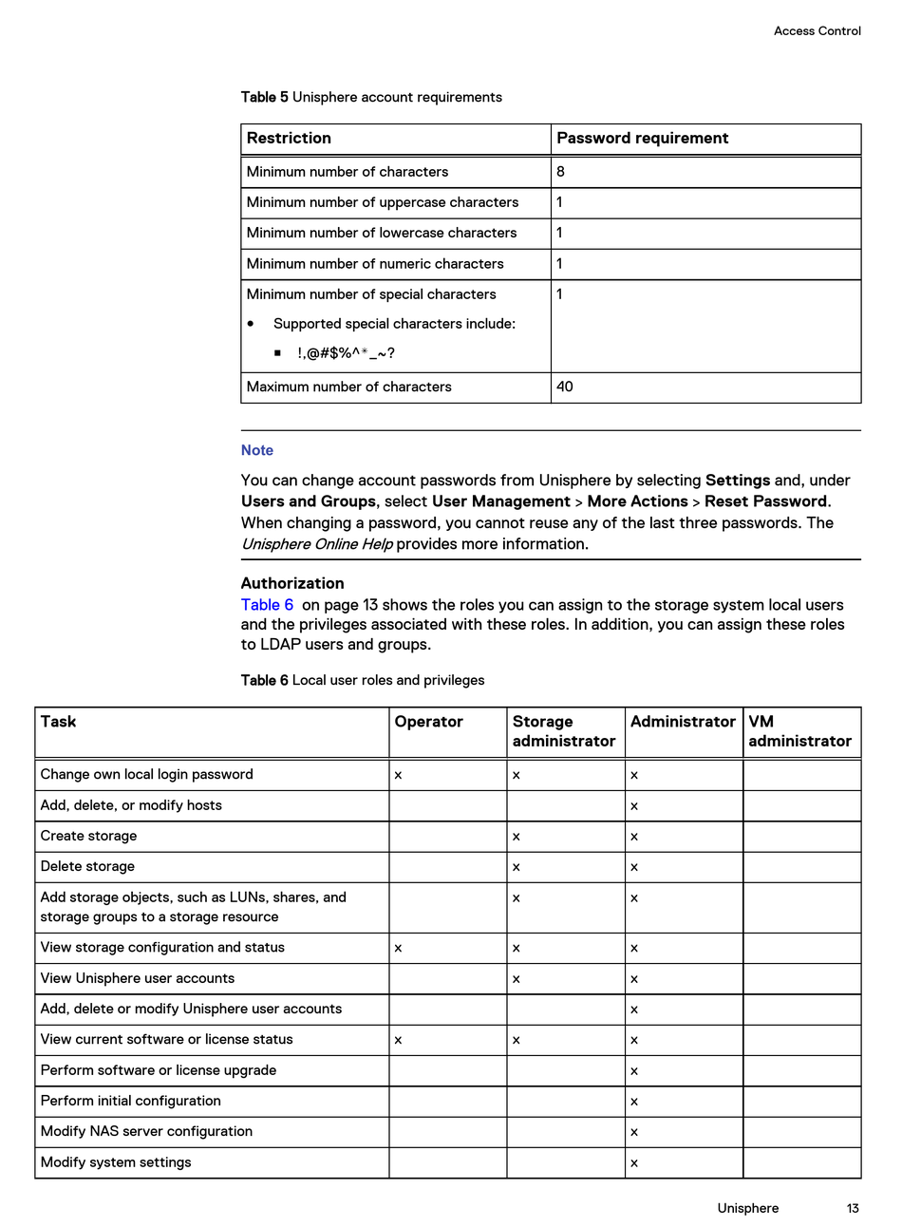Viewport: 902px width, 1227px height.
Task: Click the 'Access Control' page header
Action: [817, 31]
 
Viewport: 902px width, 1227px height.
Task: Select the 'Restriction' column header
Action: [289, 139]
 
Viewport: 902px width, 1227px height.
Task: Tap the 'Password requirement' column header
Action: [642, 139]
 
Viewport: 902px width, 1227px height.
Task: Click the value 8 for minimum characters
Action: [560, 172]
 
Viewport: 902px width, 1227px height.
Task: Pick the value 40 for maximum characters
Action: [564, 387]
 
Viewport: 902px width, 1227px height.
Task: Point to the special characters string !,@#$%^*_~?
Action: [346, 353]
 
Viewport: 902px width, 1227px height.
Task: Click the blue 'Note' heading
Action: [257, 450]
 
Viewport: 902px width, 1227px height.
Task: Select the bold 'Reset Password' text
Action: [765, 501]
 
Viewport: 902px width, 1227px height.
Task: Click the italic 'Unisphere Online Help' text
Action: [316, 544]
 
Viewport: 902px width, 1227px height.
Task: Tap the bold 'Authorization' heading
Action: [292, 583]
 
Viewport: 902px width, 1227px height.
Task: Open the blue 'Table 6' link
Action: [267, 605]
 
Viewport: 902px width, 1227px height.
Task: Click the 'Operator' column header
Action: [428, 722]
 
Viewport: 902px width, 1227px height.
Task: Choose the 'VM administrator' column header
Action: [799, 731]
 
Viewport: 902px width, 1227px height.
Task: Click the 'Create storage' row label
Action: [88, 836]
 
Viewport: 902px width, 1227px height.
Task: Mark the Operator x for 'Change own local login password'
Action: [398, 775]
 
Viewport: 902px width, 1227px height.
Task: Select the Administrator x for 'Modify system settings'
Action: [634, 1162]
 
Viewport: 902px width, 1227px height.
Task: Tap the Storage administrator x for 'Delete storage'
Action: [516, 867]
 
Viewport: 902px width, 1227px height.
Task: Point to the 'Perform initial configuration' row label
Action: [130, 1101]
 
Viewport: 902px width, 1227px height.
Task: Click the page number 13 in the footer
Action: [853, 1208]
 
